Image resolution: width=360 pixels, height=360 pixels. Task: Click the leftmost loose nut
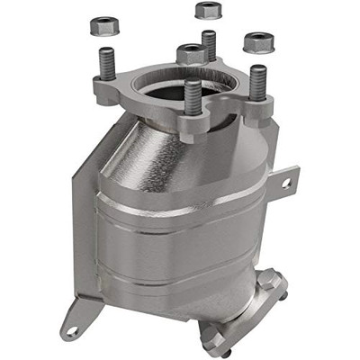pos(105,24)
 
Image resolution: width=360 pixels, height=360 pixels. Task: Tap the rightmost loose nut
pos(259,40)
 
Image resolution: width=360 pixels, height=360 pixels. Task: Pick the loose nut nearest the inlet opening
pos(192,53)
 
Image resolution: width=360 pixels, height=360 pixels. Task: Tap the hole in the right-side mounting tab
pos(286,183)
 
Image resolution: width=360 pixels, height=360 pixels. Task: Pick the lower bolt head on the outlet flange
pos(216,340)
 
